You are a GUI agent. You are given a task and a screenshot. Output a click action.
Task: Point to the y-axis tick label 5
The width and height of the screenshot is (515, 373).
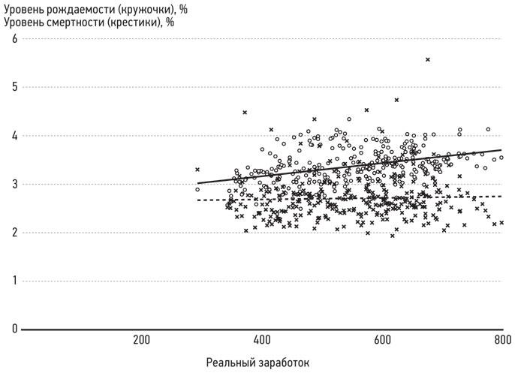13,88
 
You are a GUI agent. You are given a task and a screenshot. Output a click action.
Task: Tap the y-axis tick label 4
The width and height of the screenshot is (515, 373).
13,137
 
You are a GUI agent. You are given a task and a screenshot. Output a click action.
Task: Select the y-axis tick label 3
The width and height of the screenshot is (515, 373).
13,185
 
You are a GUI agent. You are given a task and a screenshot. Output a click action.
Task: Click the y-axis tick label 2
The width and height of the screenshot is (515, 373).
13,233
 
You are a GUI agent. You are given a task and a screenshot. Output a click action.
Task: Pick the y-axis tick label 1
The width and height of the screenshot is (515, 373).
13,281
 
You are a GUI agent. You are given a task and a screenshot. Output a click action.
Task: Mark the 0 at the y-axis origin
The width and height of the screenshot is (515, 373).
13,329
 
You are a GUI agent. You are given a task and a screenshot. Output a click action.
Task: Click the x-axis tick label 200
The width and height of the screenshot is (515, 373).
141,339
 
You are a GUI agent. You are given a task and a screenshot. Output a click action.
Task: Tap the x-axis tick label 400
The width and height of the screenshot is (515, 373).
261,339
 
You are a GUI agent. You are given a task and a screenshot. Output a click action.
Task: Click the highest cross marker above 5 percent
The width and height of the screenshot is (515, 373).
428,59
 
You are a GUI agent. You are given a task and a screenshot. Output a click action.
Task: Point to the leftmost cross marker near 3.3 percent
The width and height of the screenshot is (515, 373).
197,170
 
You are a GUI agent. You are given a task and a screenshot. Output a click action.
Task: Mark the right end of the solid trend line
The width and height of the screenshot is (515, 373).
501,150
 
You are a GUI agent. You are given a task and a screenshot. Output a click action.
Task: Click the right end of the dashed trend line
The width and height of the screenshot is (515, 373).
501,196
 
